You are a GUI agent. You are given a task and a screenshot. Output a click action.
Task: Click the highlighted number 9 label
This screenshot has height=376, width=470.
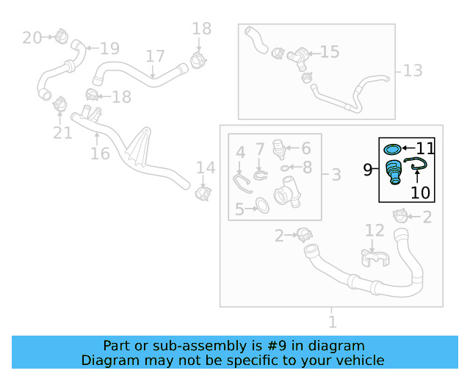[367, 170]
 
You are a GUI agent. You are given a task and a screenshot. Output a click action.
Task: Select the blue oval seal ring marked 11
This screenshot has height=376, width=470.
[392, 149]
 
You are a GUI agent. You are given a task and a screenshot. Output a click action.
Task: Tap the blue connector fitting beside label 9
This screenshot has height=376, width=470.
[394, 172]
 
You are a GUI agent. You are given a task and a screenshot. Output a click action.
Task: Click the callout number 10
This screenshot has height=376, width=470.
[420, 192]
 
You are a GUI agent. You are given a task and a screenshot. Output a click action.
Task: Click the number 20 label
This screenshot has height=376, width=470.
[32, 38]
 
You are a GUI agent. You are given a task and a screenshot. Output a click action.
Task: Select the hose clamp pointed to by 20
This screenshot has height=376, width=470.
[61, 36]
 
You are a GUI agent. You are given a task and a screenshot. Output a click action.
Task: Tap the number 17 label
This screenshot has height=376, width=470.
[155, 57]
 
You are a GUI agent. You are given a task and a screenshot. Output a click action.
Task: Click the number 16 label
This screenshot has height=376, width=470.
[100, 153]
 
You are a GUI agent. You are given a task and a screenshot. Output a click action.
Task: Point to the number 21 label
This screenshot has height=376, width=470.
[62, 133]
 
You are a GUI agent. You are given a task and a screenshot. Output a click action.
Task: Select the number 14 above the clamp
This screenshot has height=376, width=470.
[206, 168]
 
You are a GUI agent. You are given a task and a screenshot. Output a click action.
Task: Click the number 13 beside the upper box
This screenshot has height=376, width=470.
[413, 70]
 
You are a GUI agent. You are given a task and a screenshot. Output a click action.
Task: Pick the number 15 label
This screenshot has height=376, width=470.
[330, 52]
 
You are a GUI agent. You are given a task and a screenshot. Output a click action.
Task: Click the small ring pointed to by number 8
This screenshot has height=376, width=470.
[284, 168]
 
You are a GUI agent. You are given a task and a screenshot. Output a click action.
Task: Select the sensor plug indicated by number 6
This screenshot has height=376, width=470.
[278, 149]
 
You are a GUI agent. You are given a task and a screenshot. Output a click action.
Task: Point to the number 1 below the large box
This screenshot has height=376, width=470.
[333, 322]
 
